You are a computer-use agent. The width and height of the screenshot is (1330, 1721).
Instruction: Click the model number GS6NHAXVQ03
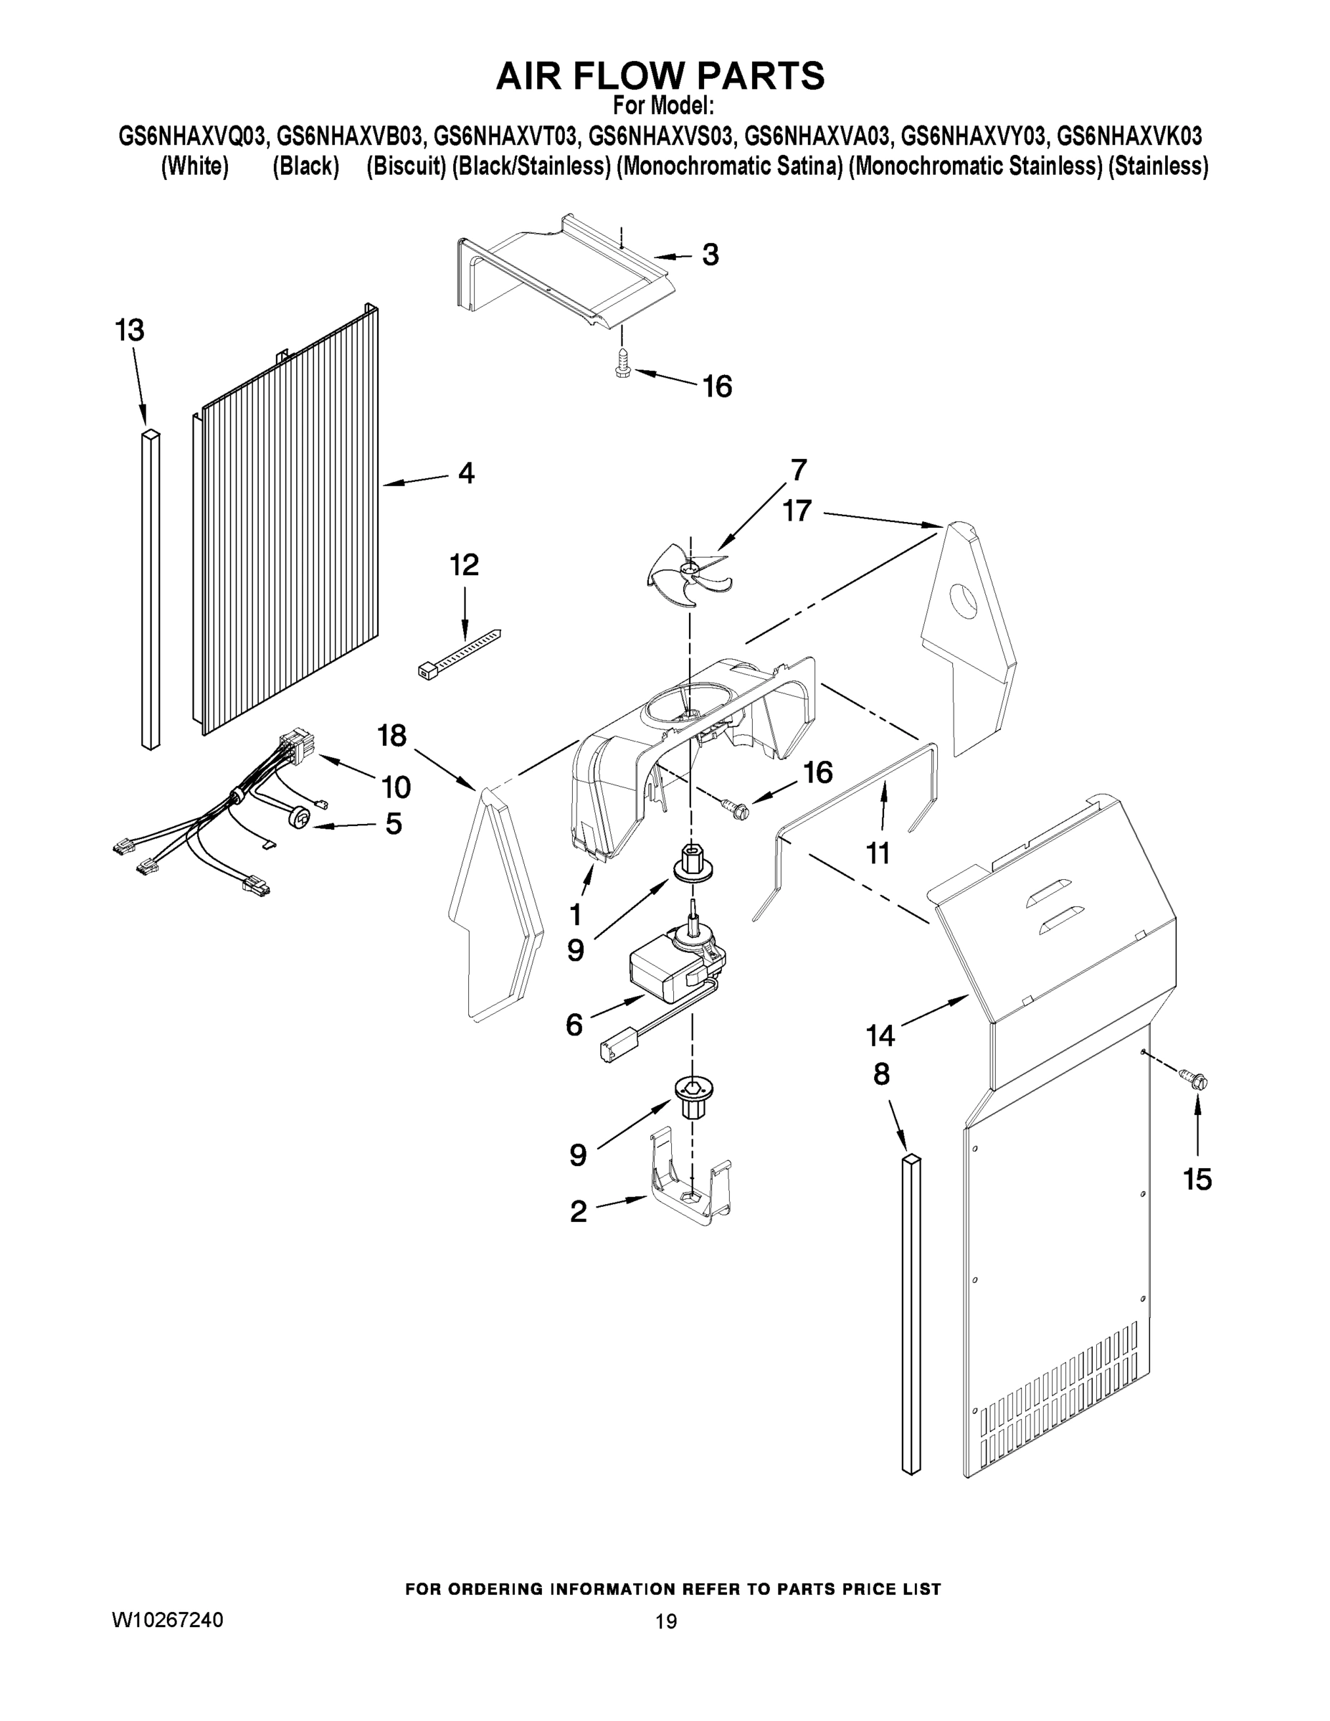[x=194, y=136]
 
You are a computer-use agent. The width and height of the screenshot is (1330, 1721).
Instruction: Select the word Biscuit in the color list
[x=407, y=167]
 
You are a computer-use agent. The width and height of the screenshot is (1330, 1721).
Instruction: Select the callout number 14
[x=880, y=1035]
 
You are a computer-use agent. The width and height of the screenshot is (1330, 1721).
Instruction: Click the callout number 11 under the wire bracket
[x=878, y=853]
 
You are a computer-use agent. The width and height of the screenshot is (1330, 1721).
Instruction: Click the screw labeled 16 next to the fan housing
[x=734, y=805]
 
